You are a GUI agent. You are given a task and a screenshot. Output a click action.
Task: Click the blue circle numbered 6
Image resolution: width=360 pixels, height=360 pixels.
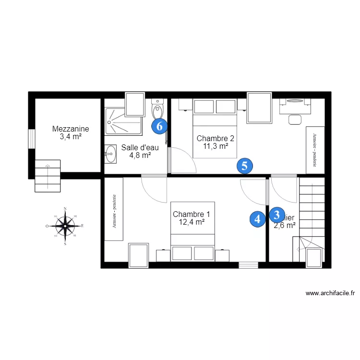click(x=160, y=126)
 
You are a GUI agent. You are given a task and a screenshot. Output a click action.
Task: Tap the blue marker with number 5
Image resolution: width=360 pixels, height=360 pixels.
click(x=244, y=166)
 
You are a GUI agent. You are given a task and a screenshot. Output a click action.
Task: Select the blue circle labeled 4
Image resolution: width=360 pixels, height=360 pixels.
click(x=257, y=219)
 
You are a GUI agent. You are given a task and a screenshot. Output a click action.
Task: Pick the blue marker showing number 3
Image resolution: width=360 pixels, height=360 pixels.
click(x=276, y=214)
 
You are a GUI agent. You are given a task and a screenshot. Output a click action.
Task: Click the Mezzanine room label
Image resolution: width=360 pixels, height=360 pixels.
click(x=71, y=129)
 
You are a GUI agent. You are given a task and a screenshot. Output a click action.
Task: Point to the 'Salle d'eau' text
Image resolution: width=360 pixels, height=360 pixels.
click(x=140, y=147)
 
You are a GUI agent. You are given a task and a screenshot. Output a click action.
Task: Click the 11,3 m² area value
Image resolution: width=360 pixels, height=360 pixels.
click(x=216, y=147)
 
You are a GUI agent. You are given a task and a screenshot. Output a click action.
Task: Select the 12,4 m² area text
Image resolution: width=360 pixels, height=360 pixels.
click(x=192, y=222)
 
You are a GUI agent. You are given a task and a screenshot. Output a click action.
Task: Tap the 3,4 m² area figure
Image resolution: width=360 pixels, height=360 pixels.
click(x=71, y=137)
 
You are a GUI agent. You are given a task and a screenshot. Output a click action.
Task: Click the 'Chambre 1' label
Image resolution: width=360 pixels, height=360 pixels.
click(x=191, y=214)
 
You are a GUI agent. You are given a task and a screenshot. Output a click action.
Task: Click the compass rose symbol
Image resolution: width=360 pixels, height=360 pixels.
click(x=65, y=225)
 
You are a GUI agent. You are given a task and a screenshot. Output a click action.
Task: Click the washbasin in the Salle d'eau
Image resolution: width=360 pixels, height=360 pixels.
click(x=110, y=154)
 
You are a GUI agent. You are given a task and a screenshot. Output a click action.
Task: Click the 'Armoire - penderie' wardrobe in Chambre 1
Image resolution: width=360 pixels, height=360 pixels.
click(x=114, y=209)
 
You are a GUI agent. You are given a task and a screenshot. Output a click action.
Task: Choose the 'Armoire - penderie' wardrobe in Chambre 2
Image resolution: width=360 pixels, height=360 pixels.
click(x=315, y=149)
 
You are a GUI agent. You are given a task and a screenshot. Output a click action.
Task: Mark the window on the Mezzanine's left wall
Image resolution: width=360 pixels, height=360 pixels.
click(x=31, y=139)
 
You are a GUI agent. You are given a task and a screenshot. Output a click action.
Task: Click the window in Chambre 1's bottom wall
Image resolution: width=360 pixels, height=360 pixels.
click(x=248, y=264)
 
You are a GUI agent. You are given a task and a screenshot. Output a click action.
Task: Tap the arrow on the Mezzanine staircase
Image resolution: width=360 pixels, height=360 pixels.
click(x=47, y=168)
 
